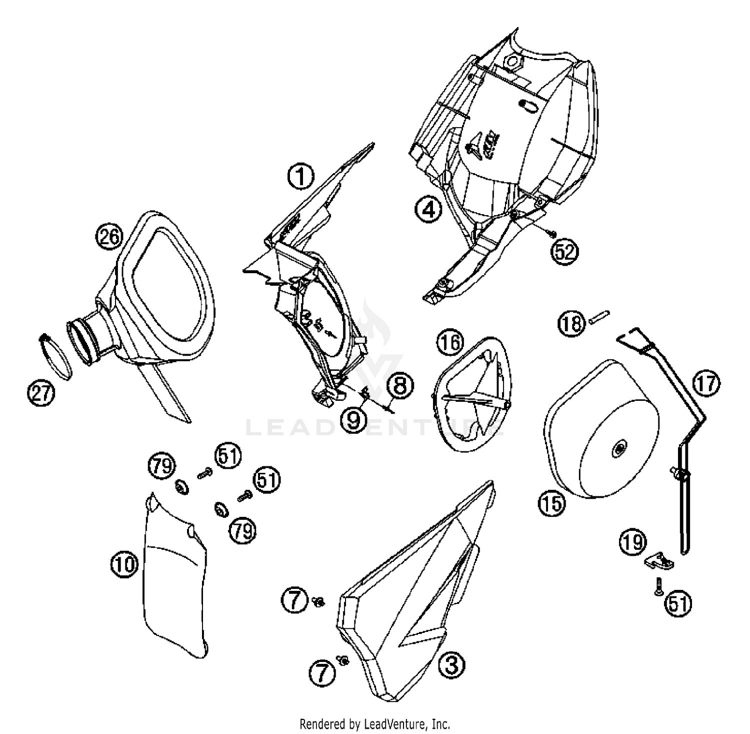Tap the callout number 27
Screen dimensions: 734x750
41,393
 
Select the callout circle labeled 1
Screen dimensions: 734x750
300,177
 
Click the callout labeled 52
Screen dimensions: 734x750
564,251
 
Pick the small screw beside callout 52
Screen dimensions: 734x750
550,233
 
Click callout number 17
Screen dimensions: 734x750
706,384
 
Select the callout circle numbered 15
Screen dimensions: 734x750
551,503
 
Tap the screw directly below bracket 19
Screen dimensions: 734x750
658,586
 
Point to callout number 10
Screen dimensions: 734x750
123,565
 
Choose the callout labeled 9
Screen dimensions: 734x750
353,419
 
